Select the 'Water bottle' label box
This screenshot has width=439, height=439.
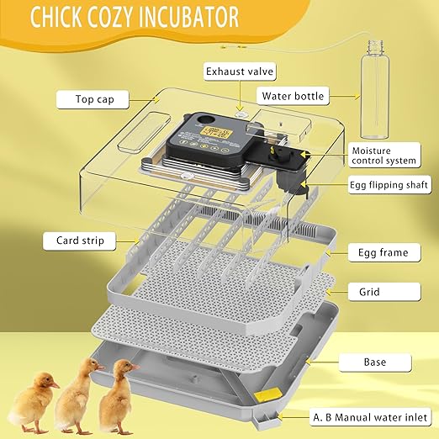292,96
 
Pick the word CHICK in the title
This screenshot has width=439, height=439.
58,16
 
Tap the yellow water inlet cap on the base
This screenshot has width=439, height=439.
267,394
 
